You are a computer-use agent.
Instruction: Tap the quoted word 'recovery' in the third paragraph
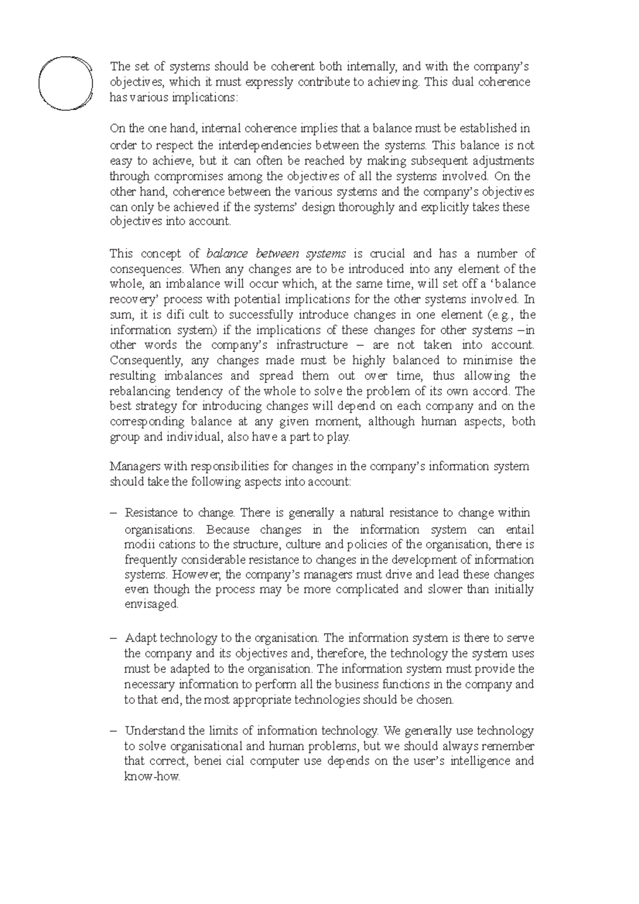(x=130, y=299)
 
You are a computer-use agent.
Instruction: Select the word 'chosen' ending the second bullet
(x=436, y=700)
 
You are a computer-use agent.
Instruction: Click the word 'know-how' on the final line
(x=152, y=777)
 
